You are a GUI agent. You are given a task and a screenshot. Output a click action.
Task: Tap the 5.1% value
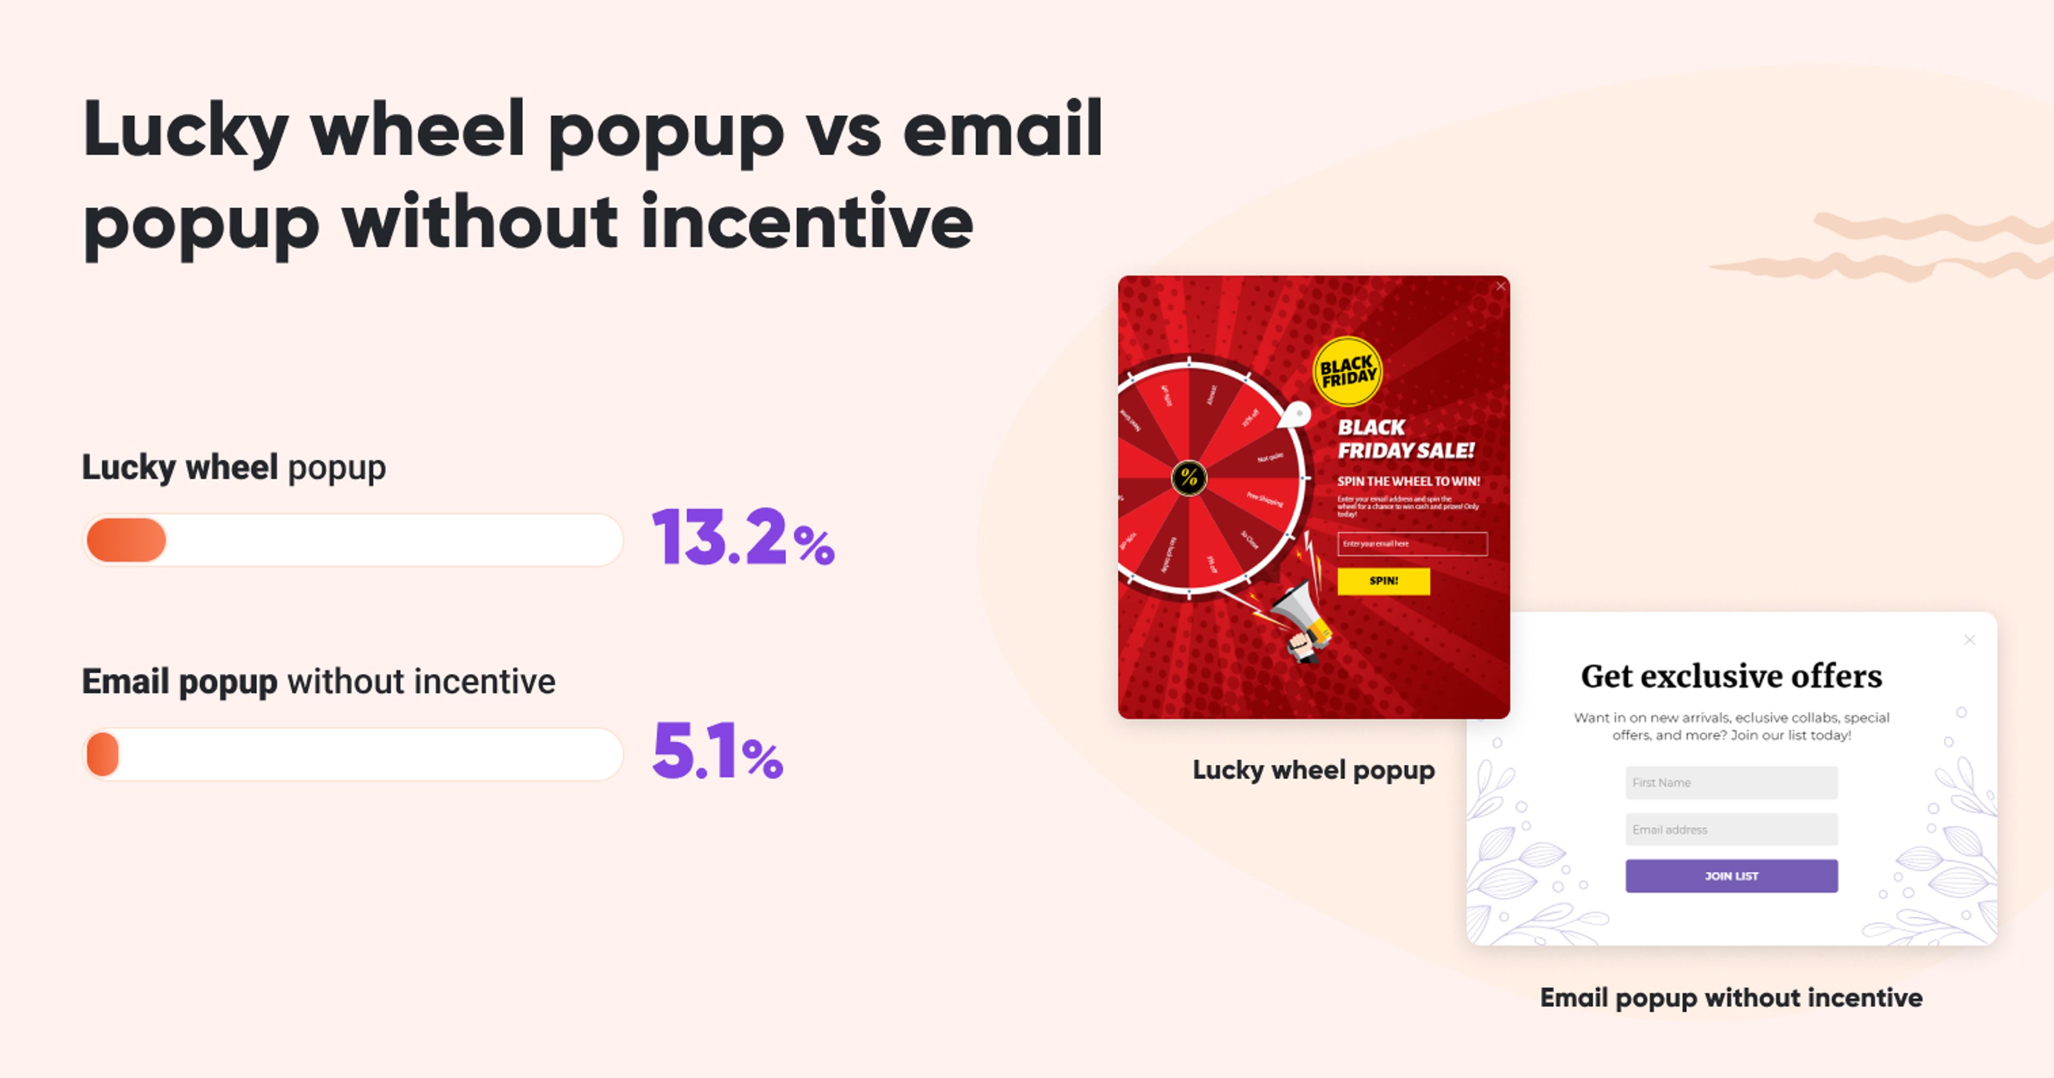point(717,751)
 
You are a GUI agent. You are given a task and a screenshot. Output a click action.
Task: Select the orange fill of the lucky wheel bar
point(126,540)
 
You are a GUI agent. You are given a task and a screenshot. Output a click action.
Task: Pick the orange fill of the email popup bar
point(103,753)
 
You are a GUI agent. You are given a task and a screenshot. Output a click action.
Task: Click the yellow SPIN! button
point(1383,581)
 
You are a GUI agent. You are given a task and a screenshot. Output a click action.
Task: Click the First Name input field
point(1731,782)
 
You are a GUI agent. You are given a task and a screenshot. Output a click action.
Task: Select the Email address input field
point(1731,829)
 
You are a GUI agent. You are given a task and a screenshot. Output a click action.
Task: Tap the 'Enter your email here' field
point(1412,544)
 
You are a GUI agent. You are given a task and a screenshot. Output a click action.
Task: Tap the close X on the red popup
point(1500,286)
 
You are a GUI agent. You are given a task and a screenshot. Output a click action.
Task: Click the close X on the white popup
point(1969,640)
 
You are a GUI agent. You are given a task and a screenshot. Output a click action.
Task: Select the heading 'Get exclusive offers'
point(1731,676)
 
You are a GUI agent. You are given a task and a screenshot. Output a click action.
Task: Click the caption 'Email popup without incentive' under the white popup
point(1731,997)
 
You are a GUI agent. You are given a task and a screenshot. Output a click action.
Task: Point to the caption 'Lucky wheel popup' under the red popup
point(1313,769)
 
